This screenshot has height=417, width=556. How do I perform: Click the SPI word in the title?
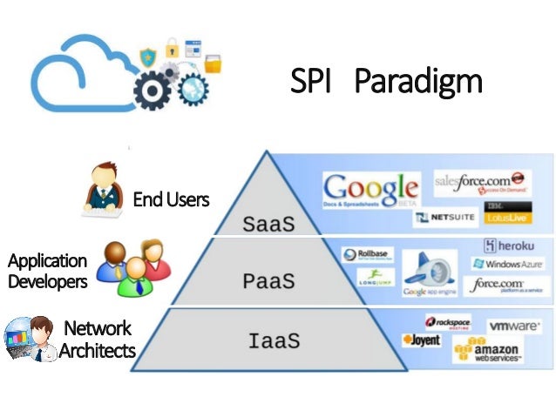coord(312,83)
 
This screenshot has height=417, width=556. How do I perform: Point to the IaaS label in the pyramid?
coord(274,340)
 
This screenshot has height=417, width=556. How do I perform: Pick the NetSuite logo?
coord(446,218)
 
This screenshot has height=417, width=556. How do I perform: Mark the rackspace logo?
coord(448,321)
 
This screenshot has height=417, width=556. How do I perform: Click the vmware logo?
coord(512,326)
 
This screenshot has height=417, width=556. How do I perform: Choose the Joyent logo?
coord(421,340)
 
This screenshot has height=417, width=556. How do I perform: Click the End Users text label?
coord(171,199)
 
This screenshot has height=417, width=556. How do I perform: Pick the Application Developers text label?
coord(47,271)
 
